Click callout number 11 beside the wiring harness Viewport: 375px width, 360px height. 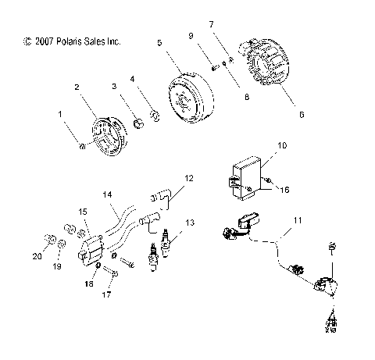295,221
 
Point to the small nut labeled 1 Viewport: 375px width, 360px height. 81,146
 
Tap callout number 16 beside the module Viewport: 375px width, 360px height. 284,190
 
